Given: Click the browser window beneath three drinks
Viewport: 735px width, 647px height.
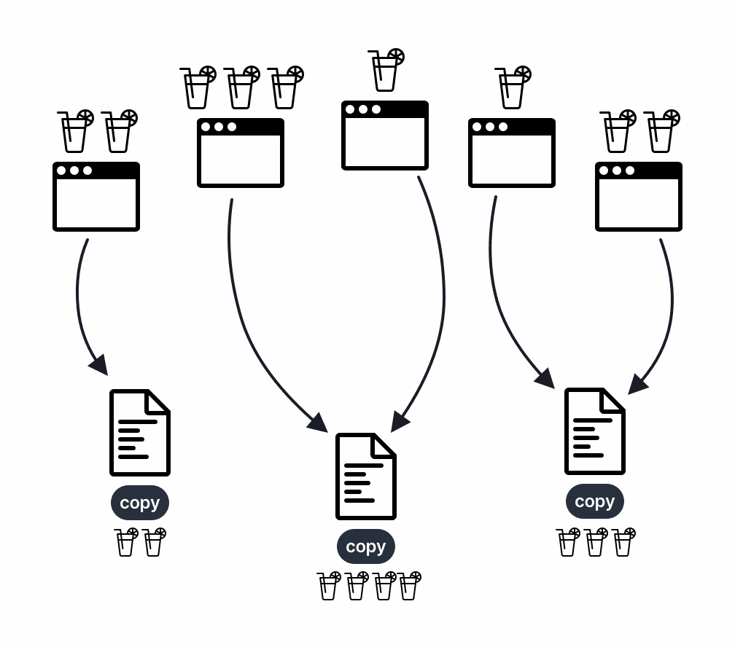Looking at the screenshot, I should click(x=241, y=153).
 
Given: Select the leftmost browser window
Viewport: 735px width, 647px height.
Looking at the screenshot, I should click(x=96, y=197).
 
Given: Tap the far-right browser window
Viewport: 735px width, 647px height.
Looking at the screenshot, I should click(x=639, y=197).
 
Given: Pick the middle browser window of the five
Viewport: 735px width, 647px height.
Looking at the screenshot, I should click(x=385, y=136).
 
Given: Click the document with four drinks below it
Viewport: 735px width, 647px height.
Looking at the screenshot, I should click(x=365, y=477).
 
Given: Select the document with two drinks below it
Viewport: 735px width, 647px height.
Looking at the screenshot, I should click(x=139, y=433).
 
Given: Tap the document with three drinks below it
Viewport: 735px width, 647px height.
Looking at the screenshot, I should click(x=594, y=431).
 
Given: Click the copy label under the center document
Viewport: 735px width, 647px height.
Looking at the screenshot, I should click(x=365, y=546).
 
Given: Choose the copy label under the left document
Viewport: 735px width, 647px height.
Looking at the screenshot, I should click(x=139, y=503).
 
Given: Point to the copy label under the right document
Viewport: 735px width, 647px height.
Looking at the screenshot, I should click(x=594, y=501).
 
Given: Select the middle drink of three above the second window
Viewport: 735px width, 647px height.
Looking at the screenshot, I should click(x=241, y=87).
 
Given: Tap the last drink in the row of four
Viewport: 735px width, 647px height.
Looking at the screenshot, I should click(x=410, y=586).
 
